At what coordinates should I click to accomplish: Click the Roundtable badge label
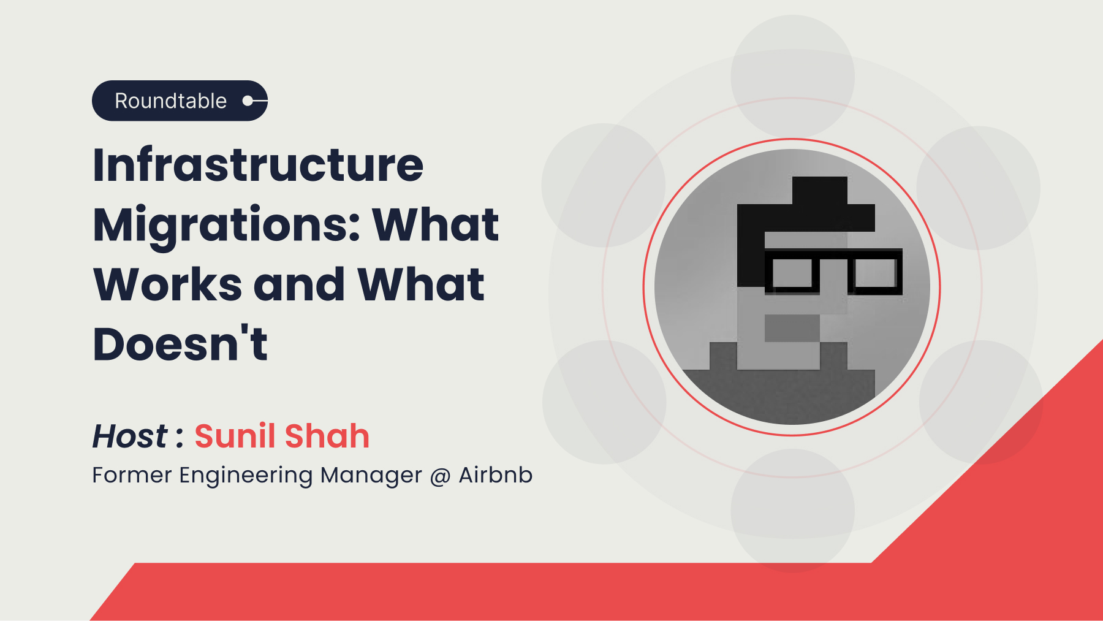170,101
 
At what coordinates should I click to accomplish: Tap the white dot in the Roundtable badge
248,101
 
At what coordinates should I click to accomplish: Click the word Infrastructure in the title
258,165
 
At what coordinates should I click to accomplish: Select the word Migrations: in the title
227,226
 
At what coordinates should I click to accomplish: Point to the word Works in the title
167,284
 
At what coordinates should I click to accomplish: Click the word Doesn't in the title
180,343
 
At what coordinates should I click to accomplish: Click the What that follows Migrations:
436,224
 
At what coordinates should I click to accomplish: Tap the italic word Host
129,436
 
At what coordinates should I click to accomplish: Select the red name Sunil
235,436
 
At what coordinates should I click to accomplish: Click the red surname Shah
327,436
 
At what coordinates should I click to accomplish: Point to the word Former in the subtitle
132,475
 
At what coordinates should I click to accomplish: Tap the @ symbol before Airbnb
440,476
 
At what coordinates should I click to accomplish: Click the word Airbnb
495,475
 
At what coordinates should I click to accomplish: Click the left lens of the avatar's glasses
792,273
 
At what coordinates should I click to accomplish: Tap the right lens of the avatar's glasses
875,273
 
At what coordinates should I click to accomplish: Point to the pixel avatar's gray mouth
792,328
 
